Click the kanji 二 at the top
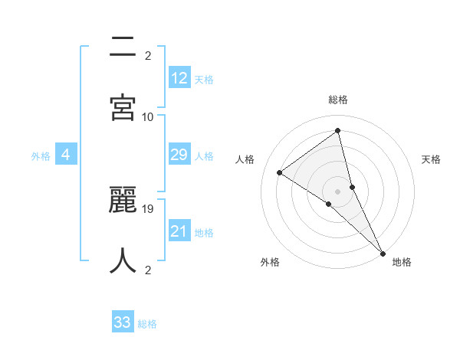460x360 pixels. (123, 47)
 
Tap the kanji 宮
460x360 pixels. (123, 106)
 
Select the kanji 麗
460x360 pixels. (123, 201)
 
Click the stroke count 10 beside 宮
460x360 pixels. (148, 116)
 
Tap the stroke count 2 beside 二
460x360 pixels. (148, 55)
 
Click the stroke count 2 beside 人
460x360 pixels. (148, 270)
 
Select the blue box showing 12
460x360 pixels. (179, 77)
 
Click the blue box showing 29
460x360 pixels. (179, 155)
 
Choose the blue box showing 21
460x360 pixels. (179, 231)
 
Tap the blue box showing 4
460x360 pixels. (66, 155)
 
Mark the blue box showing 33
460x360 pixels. (123, 322)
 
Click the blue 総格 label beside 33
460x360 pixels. (147, 324)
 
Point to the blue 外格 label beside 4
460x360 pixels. (41, 156)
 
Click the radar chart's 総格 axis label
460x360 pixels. (338, 100)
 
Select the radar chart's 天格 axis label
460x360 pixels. (431, 159)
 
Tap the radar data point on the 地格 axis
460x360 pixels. (383, 252)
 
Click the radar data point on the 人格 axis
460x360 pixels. (280, 172)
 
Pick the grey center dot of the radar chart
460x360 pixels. (338, 191)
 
